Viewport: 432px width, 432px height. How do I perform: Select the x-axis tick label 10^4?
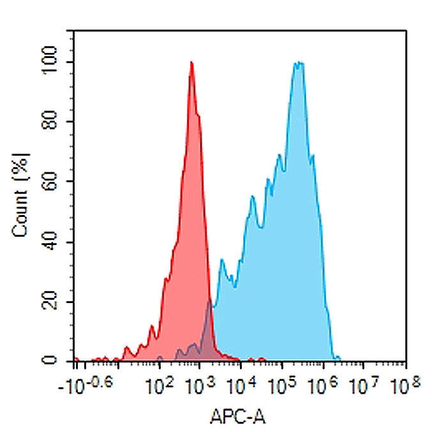click(239, 385)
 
